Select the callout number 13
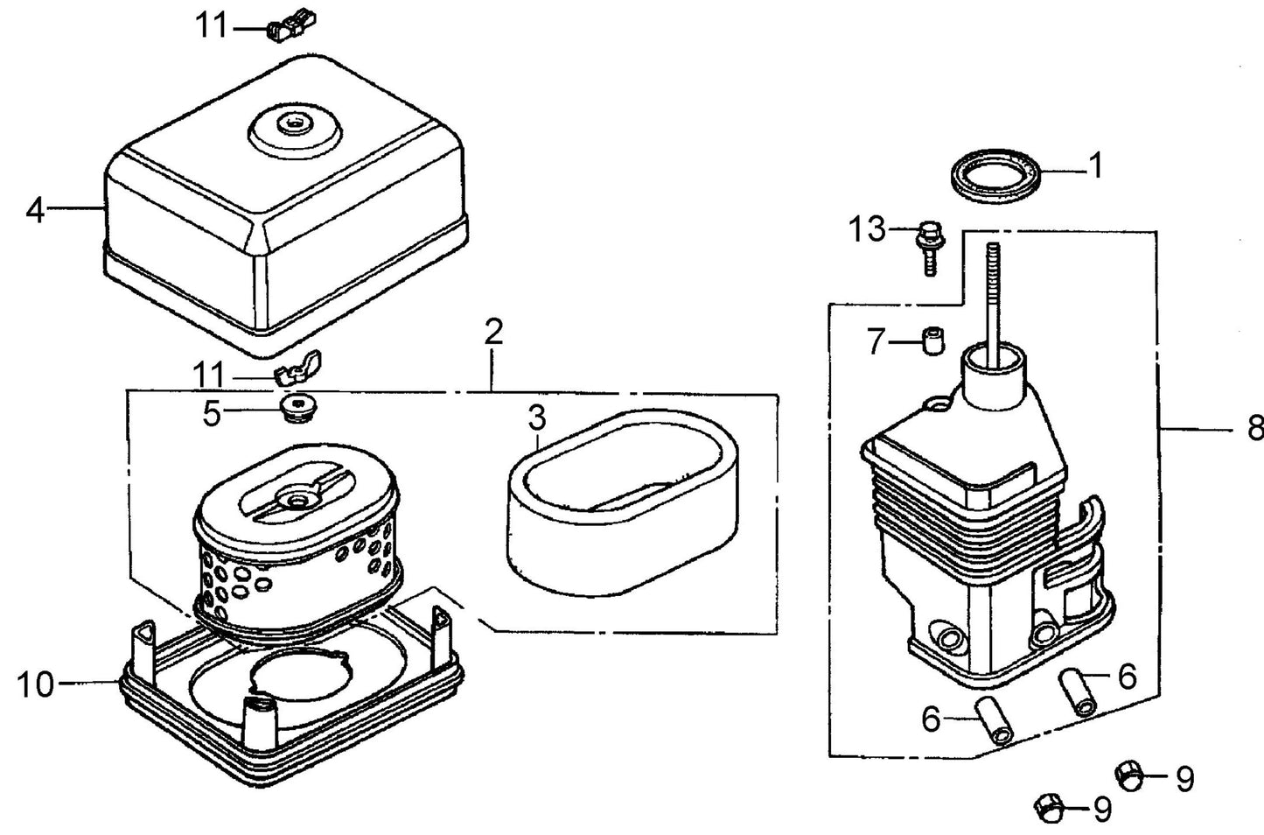coord(868,230)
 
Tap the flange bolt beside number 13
coord(929,248)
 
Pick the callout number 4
coord(35,211)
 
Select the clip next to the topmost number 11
coord(290,27)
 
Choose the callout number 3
coord(536,418)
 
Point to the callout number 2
coord(493,333)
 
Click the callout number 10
coord(36,684)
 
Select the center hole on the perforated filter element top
coord(296,500)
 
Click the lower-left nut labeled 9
coord(1048,809)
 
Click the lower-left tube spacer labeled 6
coord(993,723)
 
